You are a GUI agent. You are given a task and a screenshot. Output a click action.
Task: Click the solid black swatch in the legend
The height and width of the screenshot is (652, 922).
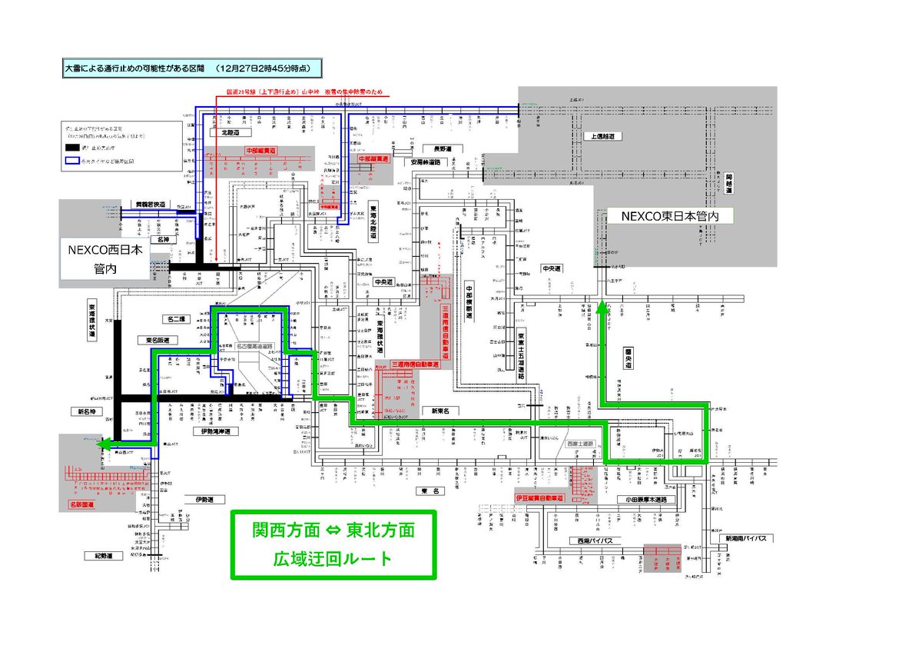coord(73,147)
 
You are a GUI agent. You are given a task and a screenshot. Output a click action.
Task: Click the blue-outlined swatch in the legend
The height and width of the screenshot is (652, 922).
coord(73,162)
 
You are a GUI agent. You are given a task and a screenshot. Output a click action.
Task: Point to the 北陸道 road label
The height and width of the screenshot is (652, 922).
coord(231,132)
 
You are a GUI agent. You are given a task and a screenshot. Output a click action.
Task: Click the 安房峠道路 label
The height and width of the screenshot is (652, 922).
coord(426,162)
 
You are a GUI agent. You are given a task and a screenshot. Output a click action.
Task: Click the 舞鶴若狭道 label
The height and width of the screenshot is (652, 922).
coord(146,205)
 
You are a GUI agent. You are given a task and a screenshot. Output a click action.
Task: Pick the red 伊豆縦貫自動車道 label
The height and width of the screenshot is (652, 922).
coord(539,498)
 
